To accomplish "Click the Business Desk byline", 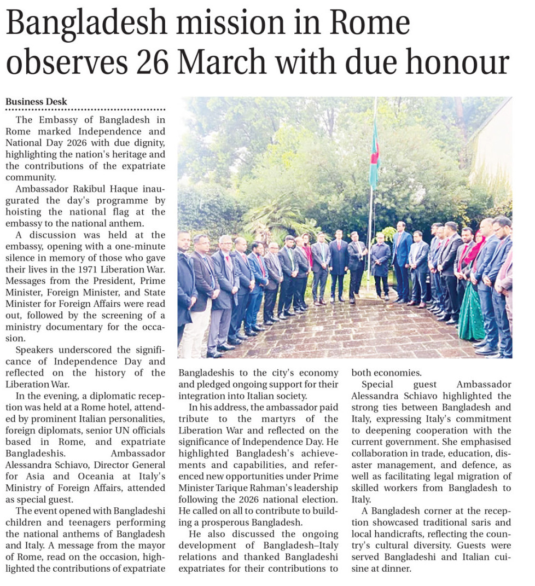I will (36, 102).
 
